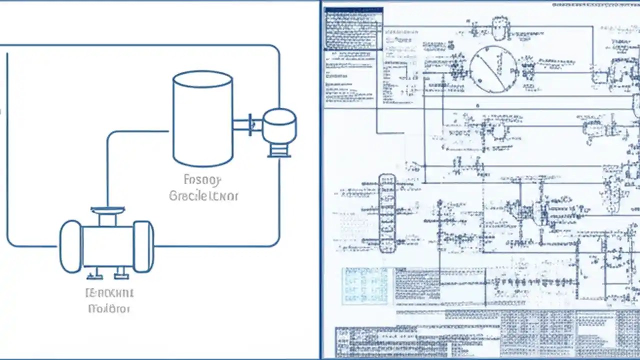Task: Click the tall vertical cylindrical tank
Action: tap(202, 122)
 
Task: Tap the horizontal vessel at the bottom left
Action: tap(107, 246)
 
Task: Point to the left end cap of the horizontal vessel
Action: tap(70, 246)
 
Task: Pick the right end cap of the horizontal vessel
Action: tap(143, 246)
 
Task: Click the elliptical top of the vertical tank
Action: tap(202, 79)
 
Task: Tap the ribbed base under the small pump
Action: tap(279, 150)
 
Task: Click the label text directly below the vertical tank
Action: tap(203, 188)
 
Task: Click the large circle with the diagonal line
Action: tap(493, 69)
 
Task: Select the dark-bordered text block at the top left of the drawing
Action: tap(353, 28)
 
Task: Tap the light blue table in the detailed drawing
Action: tap(365, 286)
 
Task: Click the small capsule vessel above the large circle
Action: tap(499, 29)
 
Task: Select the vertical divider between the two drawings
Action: tap(320, 180)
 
